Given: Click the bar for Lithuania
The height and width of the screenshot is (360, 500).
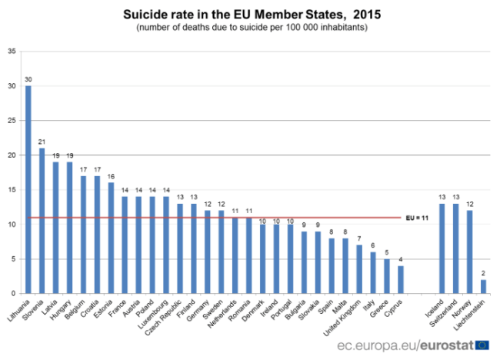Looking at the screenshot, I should [28, 189].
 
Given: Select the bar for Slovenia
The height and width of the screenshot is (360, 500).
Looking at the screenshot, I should [42, 221].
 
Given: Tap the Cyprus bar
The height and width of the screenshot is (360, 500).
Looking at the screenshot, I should [401, 279].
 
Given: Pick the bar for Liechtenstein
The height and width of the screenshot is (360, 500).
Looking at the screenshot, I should [483, 286].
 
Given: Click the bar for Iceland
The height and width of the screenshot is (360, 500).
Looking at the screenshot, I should [442, 248].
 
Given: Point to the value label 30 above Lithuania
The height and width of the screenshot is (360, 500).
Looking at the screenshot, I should [28, 79].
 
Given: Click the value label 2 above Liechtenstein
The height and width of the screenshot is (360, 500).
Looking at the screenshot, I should [483, 274].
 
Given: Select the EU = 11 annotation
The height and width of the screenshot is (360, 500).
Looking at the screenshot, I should [418, 218].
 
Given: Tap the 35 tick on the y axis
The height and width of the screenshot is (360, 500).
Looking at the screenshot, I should [11, 52].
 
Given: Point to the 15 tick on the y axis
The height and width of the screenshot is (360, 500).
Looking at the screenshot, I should [11, 190].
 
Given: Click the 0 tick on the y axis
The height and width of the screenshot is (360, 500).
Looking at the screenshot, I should [13, 294].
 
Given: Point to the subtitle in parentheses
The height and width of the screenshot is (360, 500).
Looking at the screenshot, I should [252, 28].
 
